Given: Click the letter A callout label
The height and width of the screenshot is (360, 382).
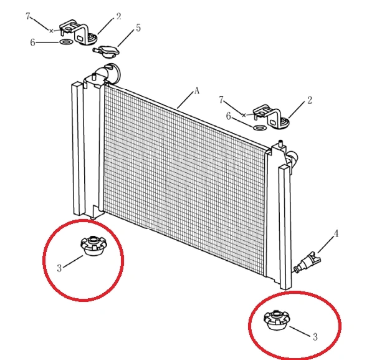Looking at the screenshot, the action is coord(197,91).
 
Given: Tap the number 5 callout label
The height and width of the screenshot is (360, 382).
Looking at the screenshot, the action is coord(138,28).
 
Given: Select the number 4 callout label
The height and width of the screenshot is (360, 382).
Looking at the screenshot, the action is coord(336,233).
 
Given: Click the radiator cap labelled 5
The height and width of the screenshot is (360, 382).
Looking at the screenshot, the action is coord(106,51).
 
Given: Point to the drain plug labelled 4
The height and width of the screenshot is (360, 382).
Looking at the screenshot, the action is coord(307,262).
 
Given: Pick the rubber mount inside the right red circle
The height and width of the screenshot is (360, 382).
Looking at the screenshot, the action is coord(276,319).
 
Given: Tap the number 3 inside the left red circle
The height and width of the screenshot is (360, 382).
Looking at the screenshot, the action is coord(59,268).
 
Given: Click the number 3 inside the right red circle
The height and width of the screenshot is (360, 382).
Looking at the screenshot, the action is coord(315,337).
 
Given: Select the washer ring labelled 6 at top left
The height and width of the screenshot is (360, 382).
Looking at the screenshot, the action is coord(66,42).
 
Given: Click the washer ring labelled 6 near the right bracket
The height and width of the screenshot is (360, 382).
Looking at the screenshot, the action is coord(259,127).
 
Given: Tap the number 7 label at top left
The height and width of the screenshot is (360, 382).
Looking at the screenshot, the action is coord(28,16).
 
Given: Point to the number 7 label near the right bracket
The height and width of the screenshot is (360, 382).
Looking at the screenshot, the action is coord(221,99).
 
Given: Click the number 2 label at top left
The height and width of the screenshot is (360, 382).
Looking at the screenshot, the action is coord(118,16).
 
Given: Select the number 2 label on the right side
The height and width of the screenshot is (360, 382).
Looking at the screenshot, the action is coord(309,100).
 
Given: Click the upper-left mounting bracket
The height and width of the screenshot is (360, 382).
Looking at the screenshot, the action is coord(78,32).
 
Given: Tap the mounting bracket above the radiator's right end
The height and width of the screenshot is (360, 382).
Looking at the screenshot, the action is coord(271,116).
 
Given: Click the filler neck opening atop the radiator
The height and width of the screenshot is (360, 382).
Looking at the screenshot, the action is coord(112,72).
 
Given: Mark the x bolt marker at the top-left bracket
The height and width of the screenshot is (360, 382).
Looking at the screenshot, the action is coord(51,31).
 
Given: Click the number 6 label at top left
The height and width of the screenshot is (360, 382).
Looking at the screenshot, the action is coord(32,42).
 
